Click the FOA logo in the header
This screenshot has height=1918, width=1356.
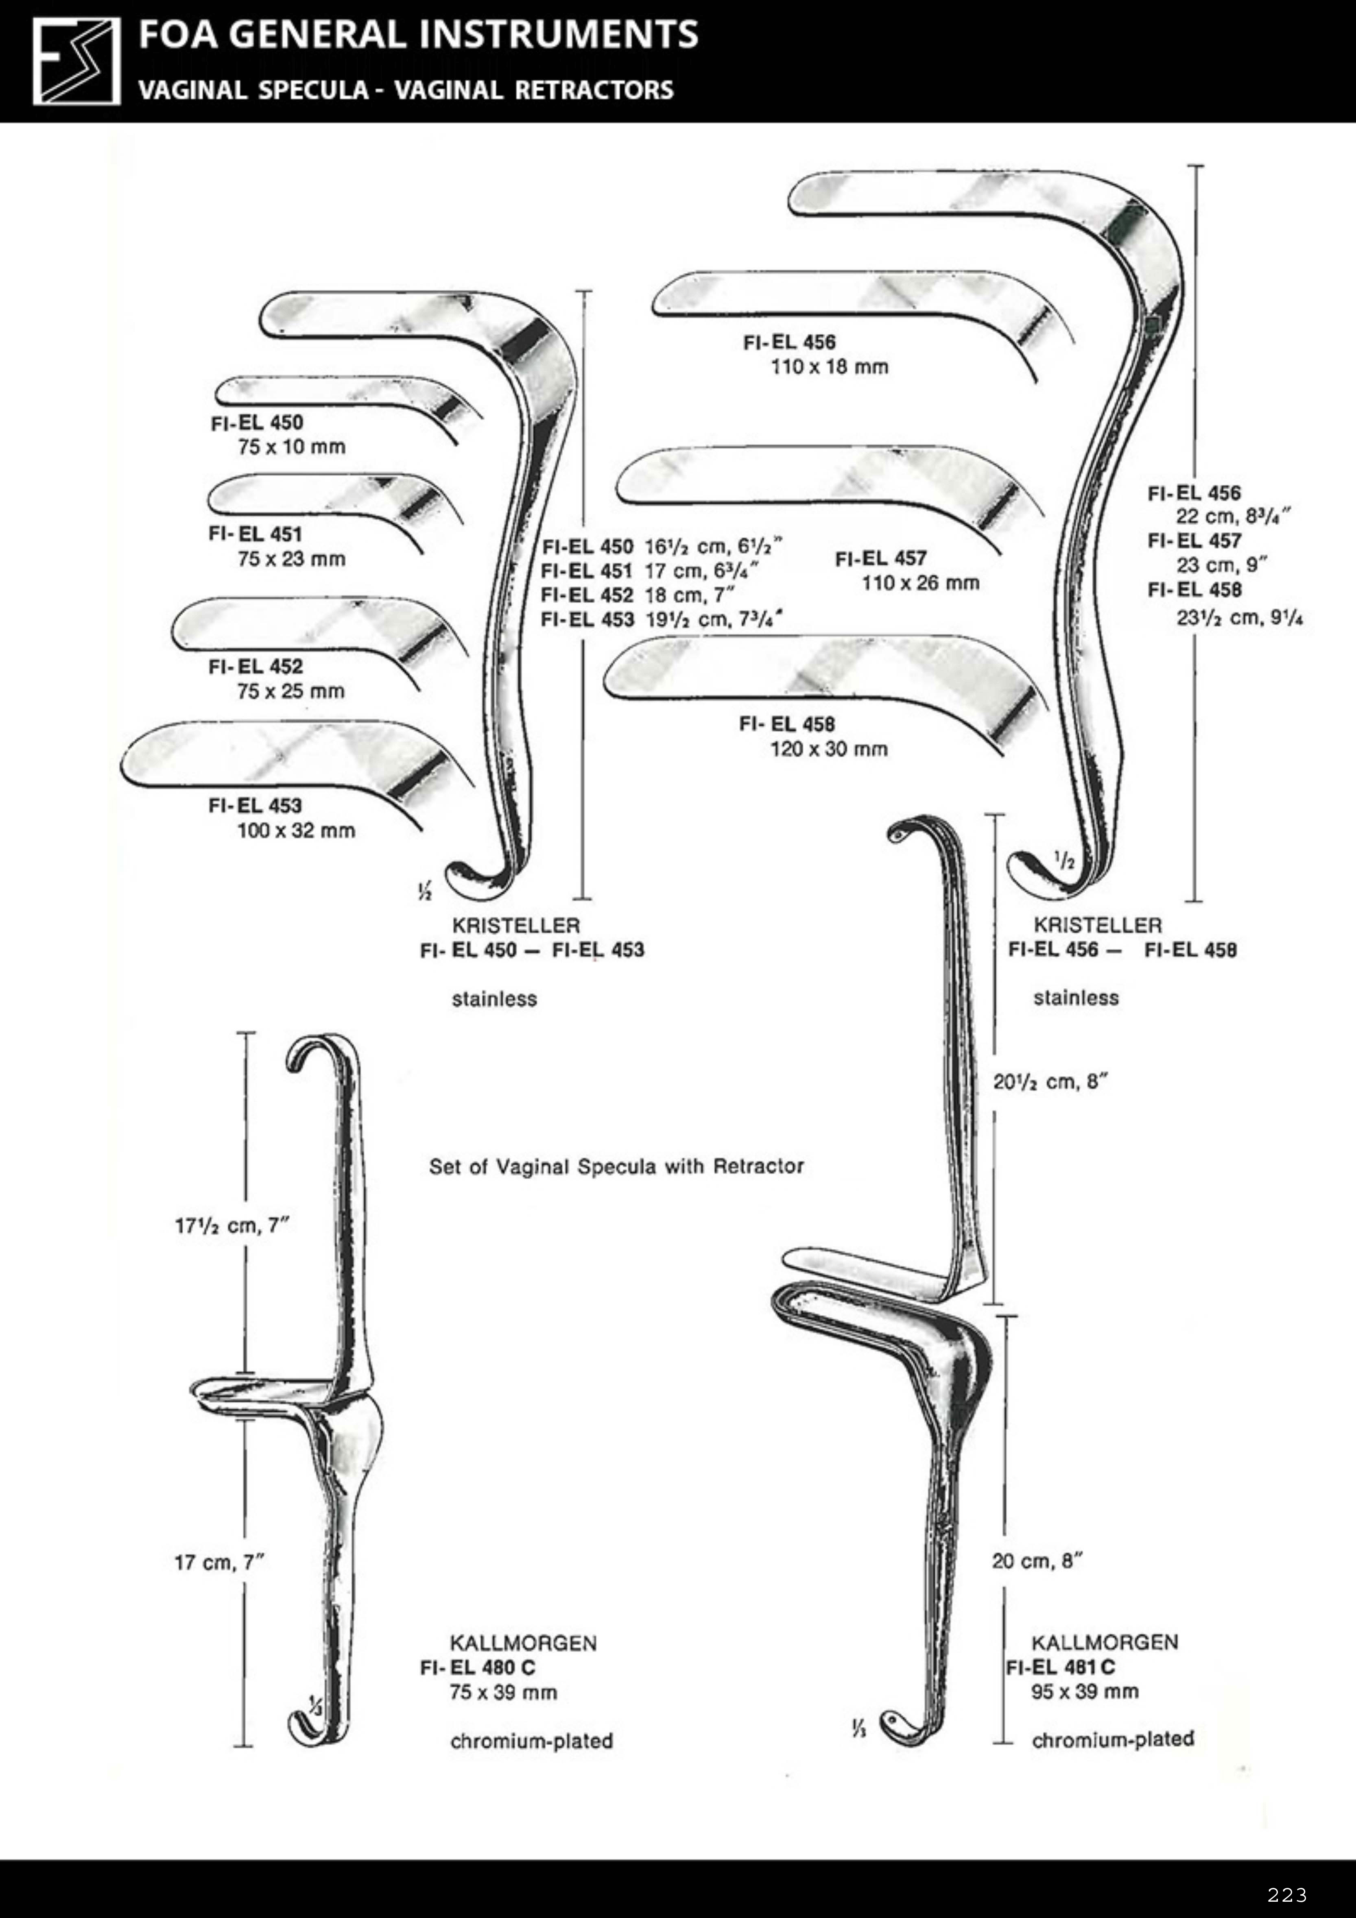point(76,62)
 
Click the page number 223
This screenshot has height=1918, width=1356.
point(1287,1894)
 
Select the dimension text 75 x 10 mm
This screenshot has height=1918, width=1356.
point(291,447)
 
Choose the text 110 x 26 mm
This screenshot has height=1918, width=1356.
point(920,583)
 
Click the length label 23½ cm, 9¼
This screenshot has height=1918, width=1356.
point(1239,618)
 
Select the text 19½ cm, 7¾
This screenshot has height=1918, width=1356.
point(714,619)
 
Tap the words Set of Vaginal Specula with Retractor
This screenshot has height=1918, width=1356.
point(616,1166)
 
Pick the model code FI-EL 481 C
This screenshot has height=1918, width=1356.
point(1060,1667)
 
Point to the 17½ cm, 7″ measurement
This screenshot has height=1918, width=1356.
point(231,1225)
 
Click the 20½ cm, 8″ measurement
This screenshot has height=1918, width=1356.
point(1050,1082)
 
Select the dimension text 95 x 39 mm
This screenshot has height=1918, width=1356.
point(1085,1691)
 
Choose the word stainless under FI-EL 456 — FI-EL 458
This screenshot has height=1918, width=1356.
point(1075,997)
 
